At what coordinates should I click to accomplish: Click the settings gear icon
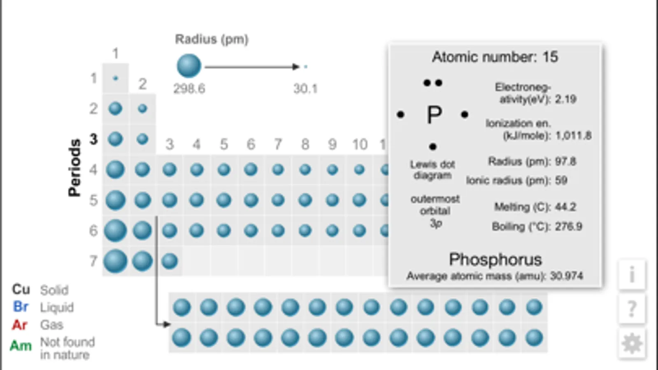click(x=632, y=343)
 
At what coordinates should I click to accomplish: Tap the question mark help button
click(x=632, y=309)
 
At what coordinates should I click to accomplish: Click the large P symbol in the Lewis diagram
click(x=434, y=114)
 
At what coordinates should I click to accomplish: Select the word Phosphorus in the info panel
click(x=495, y=259)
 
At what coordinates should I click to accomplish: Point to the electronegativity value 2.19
click(x=565, y=99)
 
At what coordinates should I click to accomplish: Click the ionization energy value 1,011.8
click(x=573, y=136)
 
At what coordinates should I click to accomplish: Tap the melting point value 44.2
click(x=565, y=207)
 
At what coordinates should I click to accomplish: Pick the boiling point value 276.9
click(x=568, y=227)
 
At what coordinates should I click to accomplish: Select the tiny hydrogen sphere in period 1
click(x=116, y=79)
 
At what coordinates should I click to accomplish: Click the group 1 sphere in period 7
click(x=115, y=261)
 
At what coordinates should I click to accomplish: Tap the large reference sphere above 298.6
click(x=189, y=66)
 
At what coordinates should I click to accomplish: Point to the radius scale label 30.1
click(x=305, y=89)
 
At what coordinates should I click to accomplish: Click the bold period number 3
click(x=93, y=139)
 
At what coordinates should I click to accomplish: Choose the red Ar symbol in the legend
click(x=20, y=325)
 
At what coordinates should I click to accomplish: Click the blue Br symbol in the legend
click(x=21, y=307)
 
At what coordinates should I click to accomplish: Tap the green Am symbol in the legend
click(x=21, y=346)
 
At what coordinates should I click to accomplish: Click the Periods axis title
click(x=74, y=168)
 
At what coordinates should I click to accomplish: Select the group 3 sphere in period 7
click(x=170, y=261)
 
